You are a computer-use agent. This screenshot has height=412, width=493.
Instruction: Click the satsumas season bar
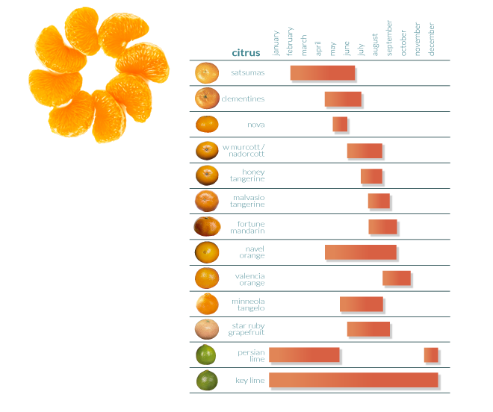coord(323,73)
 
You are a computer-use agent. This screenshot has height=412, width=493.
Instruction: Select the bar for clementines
coord(343,99)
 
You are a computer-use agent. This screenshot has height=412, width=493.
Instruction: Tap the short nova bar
coord(340,125)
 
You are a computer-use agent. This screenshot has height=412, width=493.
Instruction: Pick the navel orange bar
coord(361,252)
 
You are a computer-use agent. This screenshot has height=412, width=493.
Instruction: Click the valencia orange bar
coord(397,278)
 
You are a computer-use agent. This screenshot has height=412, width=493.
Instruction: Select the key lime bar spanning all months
coord(354,380)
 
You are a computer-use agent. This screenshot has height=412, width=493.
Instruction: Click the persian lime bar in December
coord(431,355)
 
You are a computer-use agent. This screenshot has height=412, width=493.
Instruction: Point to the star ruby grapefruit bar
coord(368,328)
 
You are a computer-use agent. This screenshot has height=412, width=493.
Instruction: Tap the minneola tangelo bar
coord(362,304)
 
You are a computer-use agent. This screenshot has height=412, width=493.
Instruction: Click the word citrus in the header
coord(246,53)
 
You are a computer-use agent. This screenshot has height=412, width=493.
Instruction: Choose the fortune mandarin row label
coord(251,227)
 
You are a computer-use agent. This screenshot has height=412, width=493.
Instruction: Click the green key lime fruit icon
coord(207,380)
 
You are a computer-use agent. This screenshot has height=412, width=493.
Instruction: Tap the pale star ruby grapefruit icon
coord(207,329)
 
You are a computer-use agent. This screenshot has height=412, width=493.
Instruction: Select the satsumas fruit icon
coord(207,73)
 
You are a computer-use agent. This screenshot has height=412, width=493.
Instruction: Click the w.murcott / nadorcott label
coord(245,150)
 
